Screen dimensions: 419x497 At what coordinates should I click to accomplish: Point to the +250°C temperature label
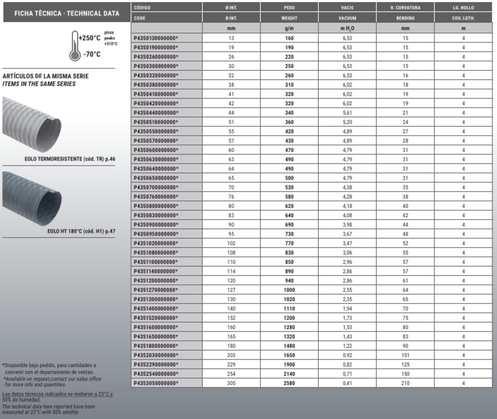click(x=89, y=38)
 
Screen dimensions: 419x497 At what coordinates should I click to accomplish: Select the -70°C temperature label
click(x=92, y=55)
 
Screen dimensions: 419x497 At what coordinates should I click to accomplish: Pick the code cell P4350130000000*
click(x=156, y=38)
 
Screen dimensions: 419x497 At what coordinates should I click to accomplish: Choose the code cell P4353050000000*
click(x=156, y=383)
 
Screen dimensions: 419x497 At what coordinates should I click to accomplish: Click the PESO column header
click(x=289, y=8)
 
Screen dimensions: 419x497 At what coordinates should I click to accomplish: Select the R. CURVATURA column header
click(x=405, y=8)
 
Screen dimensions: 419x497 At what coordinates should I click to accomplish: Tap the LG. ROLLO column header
click(x=463, y=8)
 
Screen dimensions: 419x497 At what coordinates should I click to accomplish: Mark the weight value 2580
click(x=289, y=383)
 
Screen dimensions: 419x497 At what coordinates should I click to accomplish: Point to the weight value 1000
click(x=289, y=290)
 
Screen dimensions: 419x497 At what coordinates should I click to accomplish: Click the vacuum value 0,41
click(x=346, y=383)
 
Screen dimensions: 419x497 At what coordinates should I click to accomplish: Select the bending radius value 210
click(x=405, y=383)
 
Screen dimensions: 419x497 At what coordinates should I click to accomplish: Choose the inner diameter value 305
click(x=231, y=383)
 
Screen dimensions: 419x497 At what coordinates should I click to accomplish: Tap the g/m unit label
click(x=289, y=28)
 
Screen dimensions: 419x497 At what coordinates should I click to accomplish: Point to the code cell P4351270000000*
click(x=156, y=290)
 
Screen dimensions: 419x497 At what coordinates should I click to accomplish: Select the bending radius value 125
click(x=405, y=364)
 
